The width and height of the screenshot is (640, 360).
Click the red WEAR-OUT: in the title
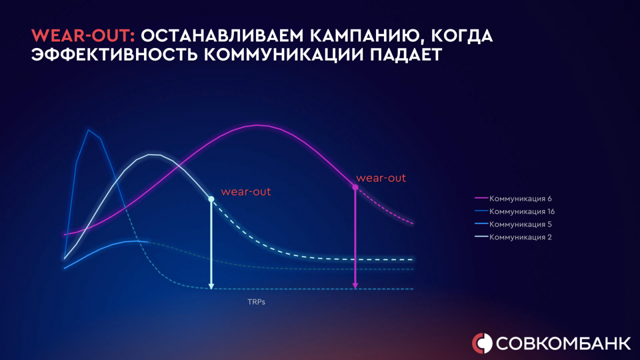pyautogui.click(x=83, y=35)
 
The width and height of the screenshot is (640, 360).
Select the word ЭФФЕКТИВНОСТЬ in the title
pyautogui.click(x=114, y=54)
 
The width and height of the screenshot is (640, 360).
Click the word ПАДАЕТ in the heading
pyautogui.click(x=406, y=55)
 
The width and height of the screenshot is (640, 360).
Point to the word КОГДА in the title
pyautogui.click(x=462, y=36)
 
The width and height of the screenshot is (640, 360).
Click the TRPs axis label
pyautogui.click(x=256, y=302)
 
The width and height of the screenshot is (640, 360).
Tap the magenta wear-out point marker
pyautogui.click(x=355, y=187)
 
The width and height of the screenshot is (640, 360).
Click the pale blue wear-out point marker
pyautogui.click(x=211, y=199)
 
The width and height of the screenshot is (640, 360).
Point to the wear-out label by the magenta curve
pyautogui.click(x=381, y=178)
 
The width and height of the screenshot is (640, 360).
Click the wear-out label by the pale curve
pyautogui.click(x=245, y=191)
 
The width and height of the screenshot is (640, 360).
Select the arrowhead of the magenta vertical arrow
pyautogui.click(x=355, y=286)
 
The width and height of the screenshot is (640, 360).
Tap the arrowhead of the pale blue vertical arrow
pyautogui.click(x=211, y=286)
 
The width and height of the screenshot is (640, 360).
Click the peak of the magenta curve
pyautogui.click(x=257, y=125)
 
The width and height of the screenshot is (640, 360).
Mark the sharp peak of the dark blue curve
pyautogui.click(x=88, y=130)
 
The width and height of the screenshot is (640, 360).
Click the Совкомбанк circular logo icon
pyautogui.click(x=482, y=343)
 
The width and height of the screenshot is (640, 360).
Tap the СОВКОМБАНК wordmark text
pyautogui.click(x=563, y=343)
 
